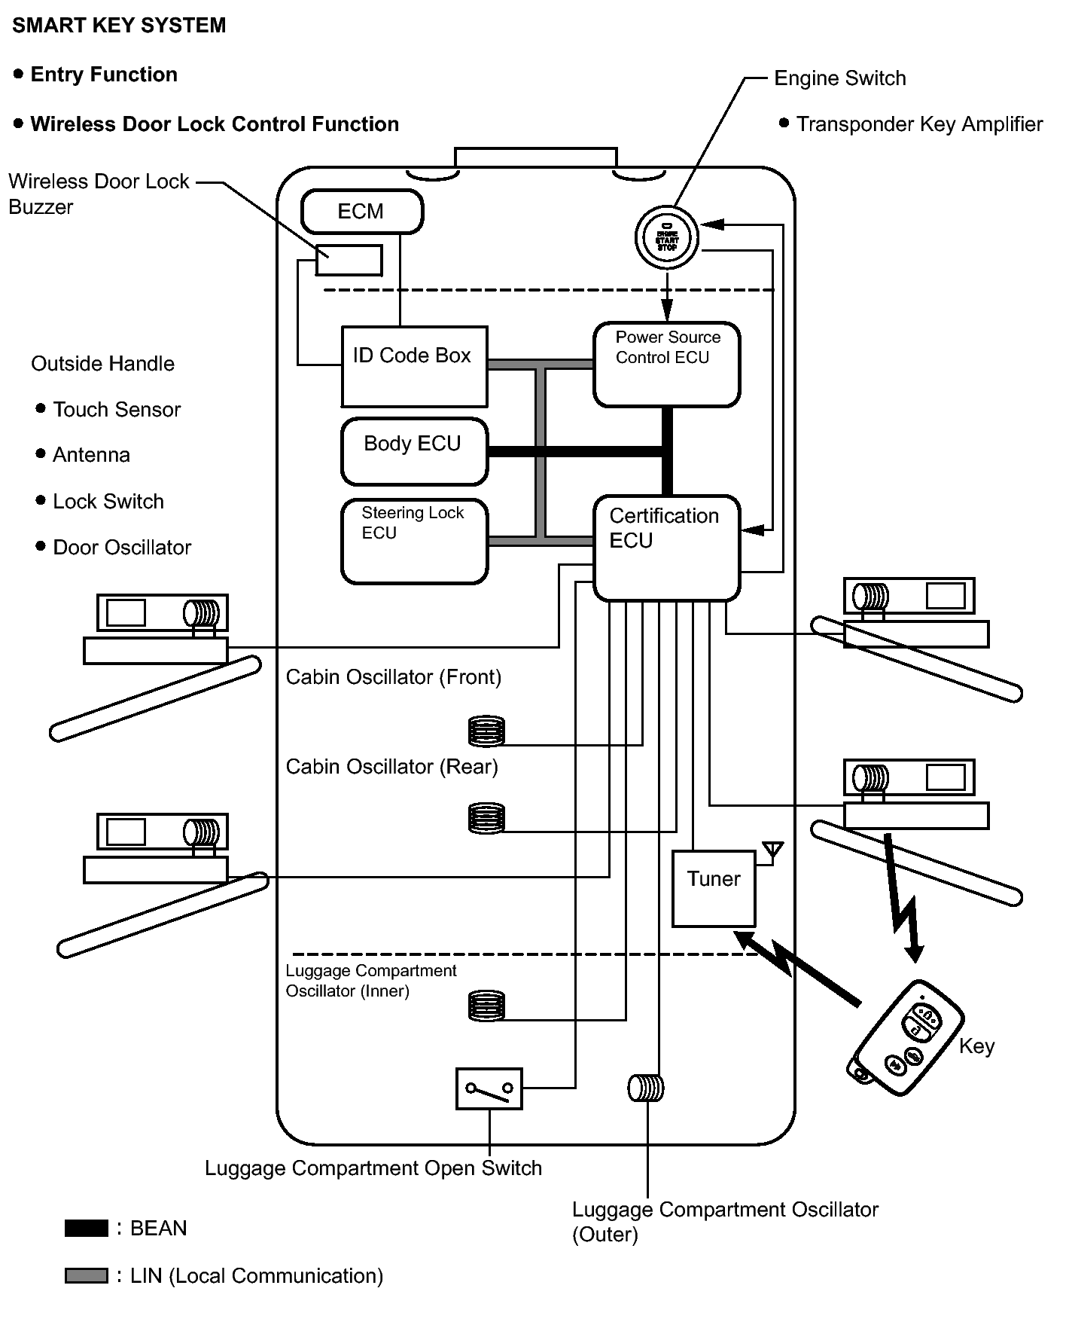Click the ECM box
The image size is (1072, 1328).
click(361, 212)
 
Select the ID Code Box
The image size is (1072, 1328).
click(414, 367)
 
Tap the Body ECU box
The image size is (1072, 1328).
click(414, 451)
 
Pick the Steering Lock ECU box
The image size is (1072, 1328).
click(414, 541)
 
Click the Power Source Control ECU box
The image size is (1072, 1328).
click(666, 365)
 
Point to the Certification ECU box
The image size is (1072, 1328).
click(666, 548)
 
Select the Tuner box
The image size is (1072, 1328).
click(713, 889)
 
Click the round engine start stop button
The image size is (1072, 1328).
click(667, 238)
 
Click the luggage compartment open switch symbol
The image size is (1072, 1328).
click(489, 1088)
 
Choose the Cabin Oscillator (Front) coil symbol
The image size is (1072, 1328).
click(486, 731)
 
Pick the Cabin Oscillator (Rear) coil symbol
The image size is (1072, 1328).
click(486, 818)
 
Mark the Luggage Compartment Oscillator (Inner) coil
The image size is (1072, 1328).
click(486, 1006)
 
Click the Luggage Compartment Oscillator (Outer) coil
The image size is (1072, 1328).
click(646, 1088)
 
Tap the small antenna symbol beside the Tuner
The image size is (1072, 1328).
click(772, 850)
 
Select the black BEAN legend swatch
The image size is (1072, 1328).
click(87, 1229)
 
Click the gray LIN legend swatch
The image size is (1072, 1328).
click(87, 1276)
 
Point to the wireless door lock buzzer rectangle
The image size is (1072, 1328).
click(349, 260)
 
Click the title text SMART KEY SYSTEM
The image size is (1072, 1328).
click(119, 26)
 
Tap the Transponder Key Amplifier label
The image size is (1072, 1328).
click(919, 124)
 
